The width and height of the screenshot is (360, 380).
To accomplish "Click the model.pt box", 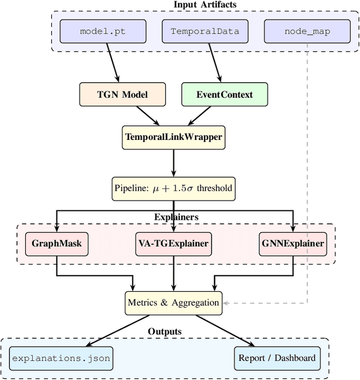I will [x=102, y=31].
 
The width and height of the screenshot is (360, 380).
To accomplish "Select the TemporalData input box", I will [x=205, y=31].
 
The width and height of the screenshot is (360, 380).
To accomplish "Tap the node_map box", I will [x=307, y=31].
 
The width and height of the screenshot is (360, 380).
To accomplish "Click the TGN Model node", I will [x=123, y=94].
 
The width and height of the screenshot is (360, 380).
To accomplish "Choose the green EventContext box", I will [x=224, y=94].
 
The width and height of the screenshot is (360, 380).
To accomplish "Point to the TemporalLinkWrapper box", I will [x=173, y=137].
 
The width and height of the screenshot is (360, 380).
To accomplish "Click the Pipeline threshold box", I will [x=173, y=188].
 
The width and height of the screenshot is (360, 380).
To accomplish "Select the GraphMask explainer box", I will [x=56, y=243].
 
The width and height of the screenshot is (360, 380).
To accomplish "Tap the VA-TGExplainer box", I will [x=173, y=243].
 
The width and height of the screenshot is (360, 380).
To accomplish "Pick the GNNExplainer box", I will [x=293, y=243].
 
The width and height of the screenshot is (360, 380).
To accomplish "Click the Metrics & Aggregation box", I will [x=173, y=302].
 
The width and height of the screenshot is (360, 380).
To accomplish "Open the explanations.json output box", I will [x=61, y=358].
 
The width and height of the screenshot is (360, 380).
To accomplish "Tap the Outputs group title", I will [x=165, y=332].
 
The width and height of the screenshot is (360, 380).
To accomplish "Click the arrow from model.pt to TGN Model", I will [x=111, y=62].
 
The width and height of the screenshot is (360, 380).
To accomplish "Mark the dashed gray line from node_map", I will [x=307, y=169].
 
